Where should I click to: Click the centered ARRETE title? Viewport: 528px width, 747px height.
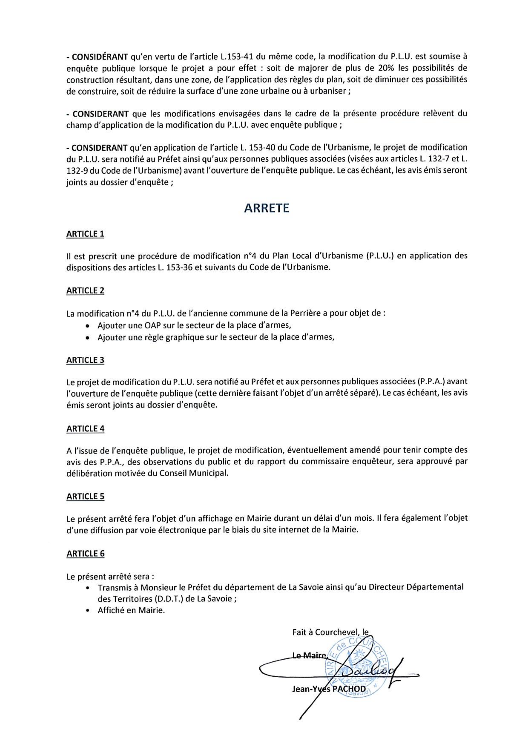click(x=266, y=208)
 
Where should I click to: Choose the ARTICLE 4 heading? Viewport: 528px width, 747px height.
click(x=85, y=429)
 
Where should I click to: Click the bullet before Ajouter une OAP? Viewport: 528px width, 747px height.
click(x=87, y=326)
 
